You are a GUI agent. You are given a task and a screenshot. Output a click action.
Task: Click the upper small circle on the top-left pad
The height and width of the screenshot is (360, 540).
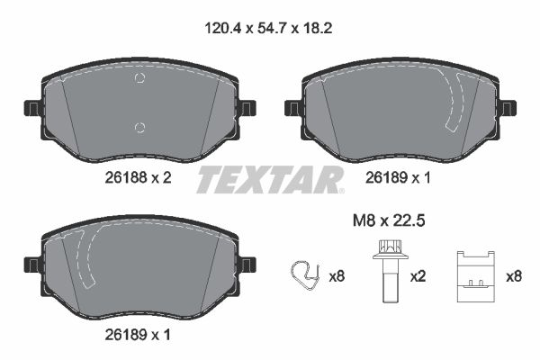pos(139,79)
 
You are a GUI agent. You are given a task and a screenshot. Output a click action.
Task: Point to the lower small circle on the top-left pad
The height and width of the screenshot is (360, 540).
pos(139,125)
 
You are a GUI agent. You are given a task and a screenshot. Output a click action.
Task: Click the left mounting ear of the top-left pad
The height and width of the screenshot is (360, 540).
pos(31,108)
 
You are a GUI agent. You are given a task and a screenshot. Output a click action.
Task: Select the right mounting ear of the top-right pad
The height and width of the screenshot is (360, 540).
pos(508,108)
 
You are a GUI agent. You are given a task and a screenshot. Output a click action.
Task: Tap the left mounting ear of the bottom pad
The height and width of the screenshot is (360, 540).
pos(31,265)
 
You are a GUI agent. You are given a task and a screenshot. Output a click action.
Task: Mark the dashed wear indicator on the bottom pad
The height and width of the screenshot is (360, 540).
pos(85,261)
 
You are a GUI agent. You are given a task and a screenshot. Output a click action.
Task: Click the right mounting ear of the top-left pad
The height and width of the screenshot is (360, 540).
pos(247,108)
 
